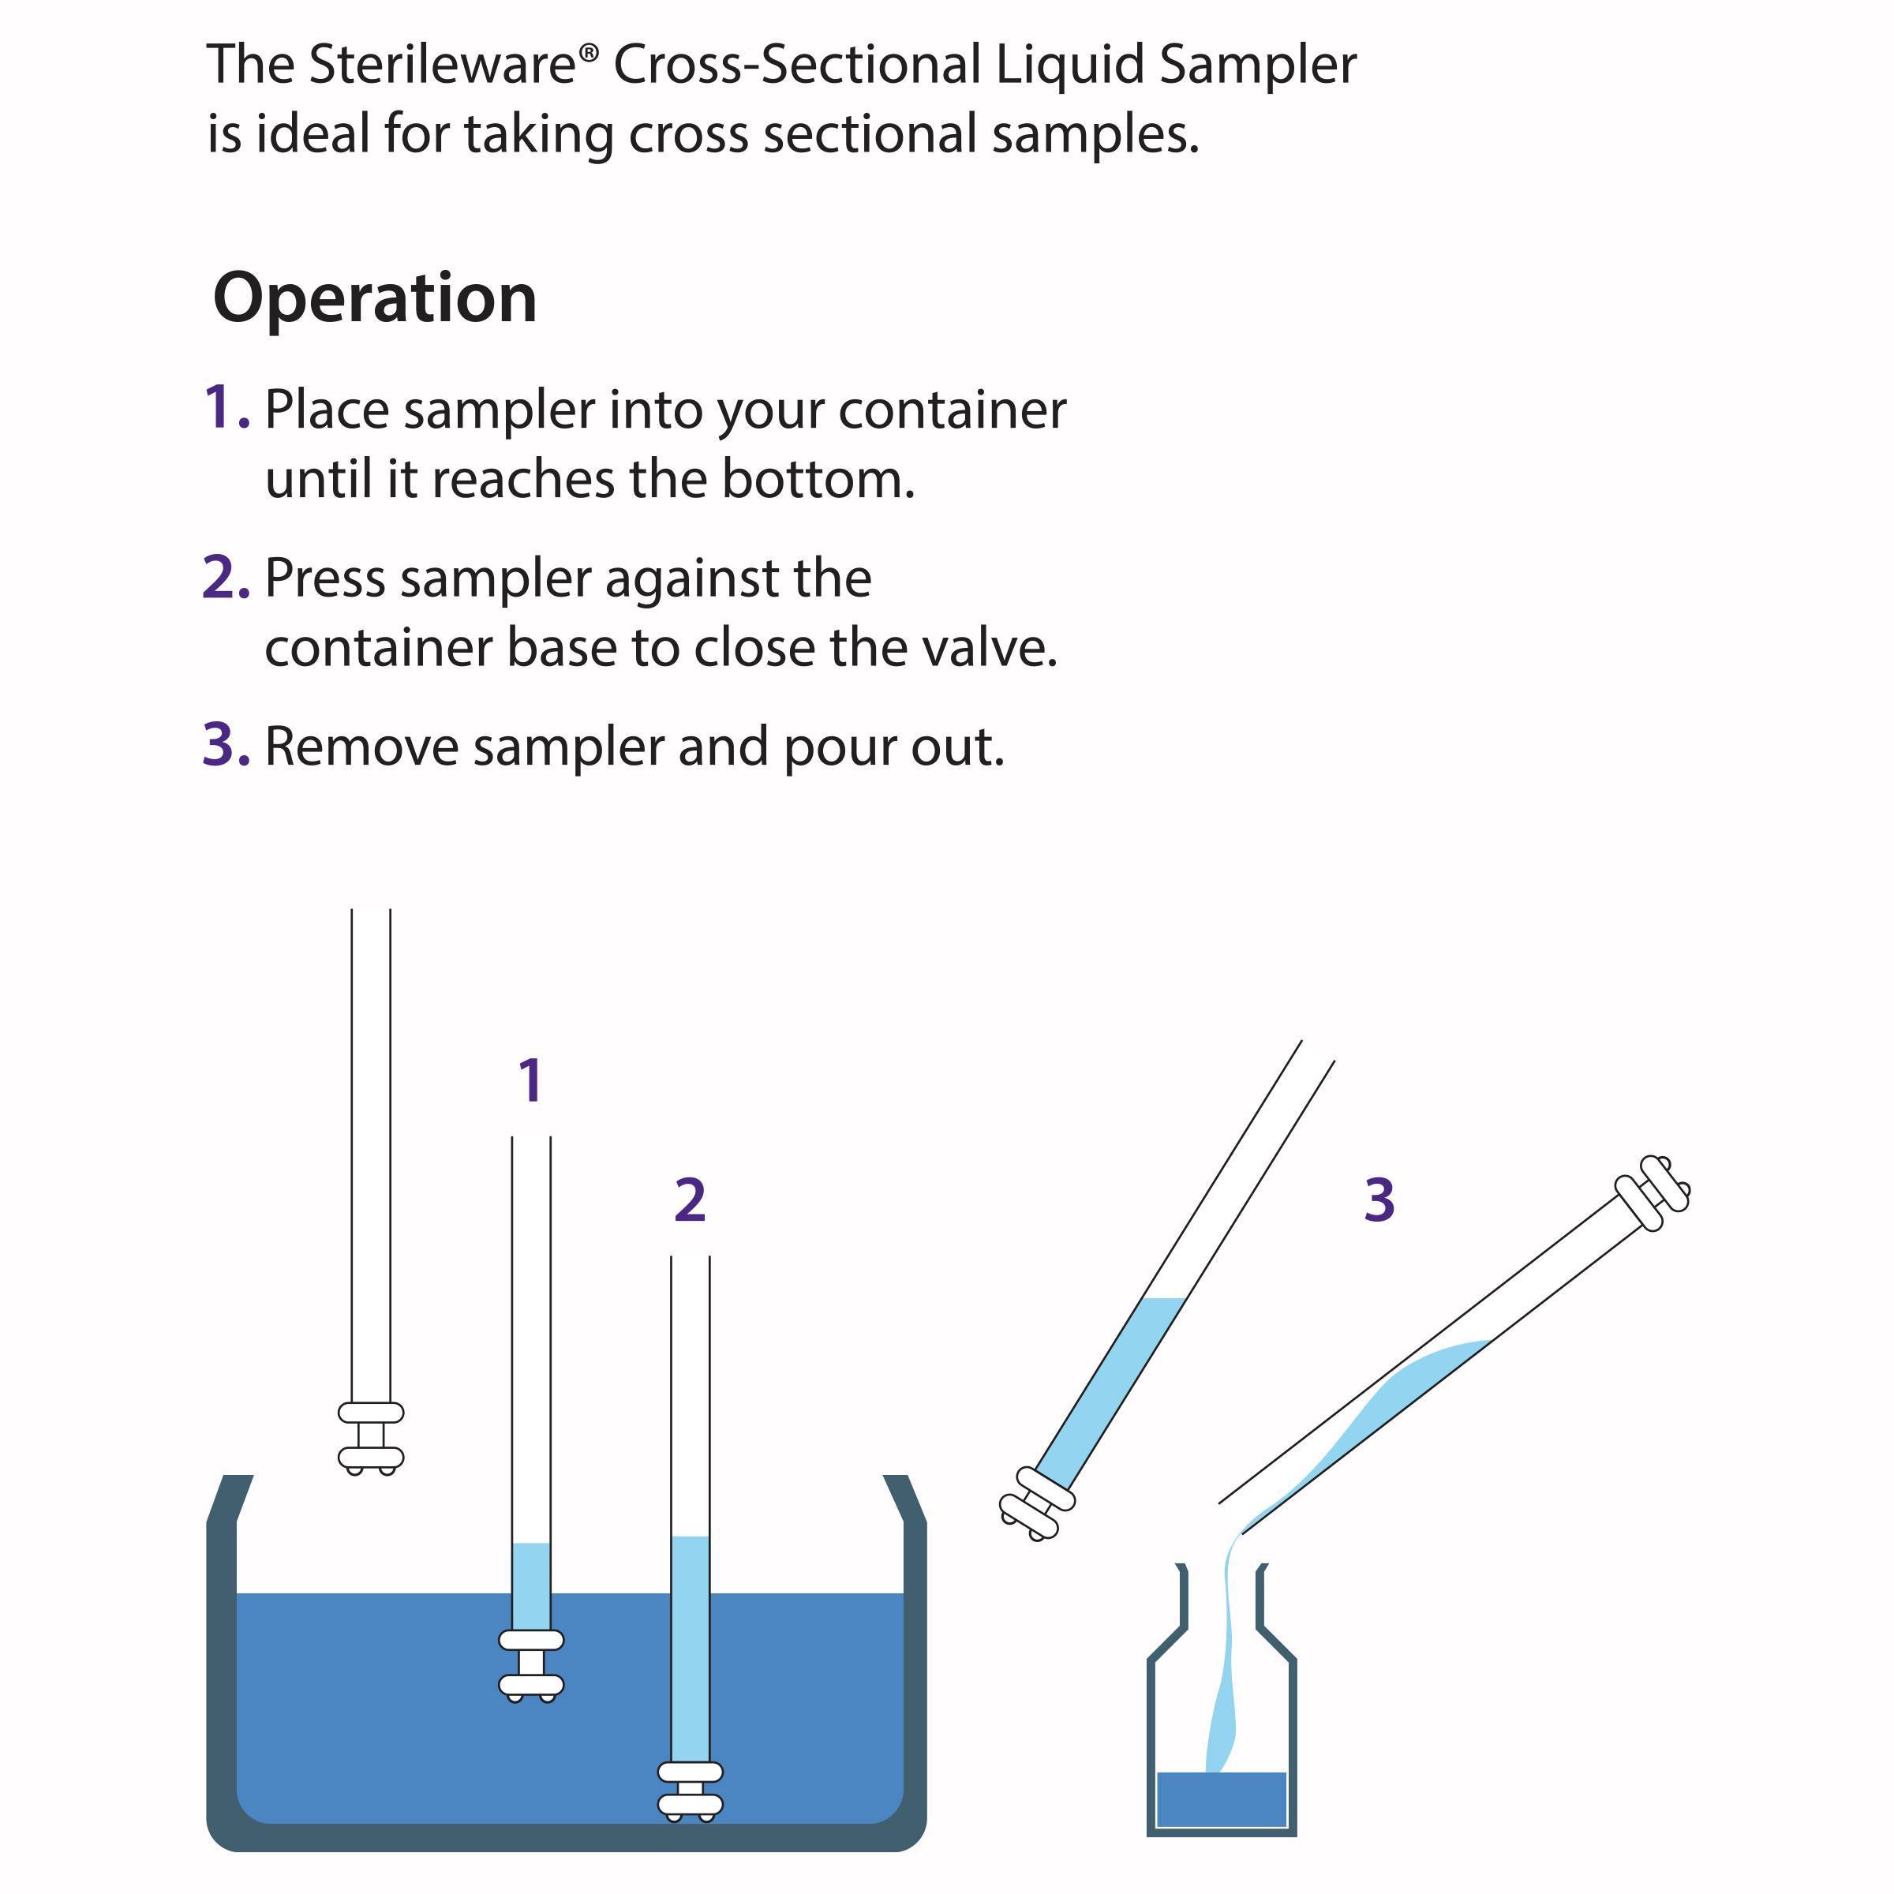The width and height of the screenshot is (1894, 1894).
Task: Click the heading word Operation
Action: coord(376,299)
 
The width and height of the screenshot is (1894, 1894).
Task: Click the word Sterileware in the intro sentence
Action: coord(442,66)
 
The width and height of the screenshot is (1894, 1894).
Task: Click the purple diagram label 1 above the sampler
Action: coord(530,1081)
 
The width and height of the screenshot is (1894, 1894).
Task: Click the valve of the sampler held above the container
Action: coord(371,1438)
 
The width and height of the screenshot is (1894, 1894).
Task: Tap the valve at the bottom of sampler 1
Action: coord(531,1667)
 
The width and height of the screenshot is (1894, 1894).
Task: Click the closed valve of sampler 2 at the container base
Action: coord(691,1792)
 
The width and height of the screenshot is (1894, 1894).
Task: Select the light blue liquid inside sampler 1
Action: coord(531,1586)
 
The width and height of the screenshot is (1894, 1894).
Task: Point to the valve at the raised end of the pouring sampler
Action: coord(1652,1193)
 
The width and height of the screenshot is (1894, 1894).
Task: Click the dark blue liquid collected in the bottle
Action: coord(1222,1799)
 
